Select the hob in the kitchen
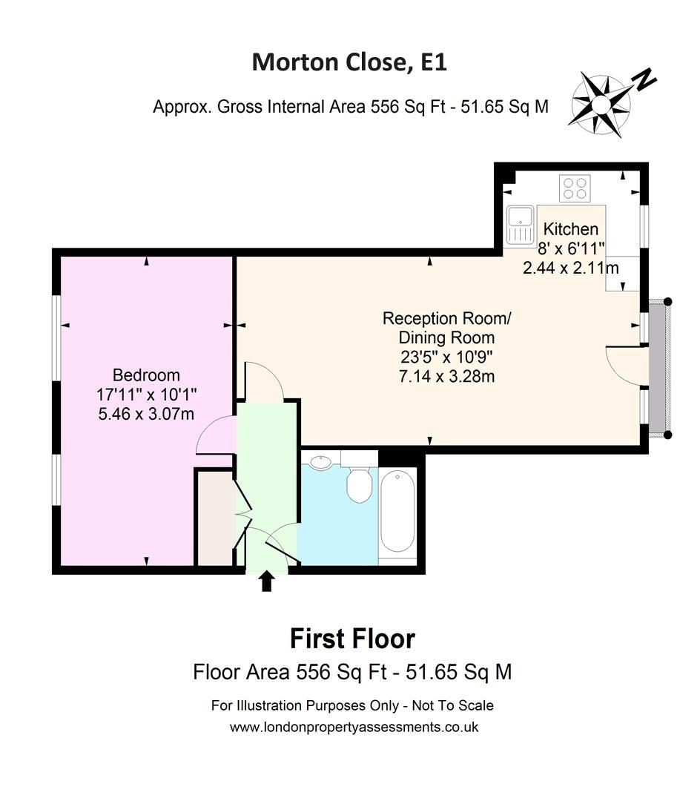click(x=575, y=188)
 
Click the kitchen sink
click(x=521, y=224)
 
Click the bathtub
click(x=397, y=512)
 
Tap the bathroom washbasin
click(x=320, y=462)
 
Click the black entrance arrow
click(x=266, y=581)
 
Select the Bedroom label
click(x=146, y=375)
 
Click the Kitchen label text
click(x=570, y=229)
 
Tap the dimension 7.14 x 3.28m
click(x=446, y=377)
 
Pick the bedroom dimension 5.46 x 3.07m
click(x=146, y=413)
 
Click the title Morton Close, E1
click(x=349, y=62)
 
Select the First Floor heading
click(x=352, y=639)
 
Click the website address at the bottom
click(x=354, y=727)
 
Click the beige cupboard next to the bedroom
click(x=217, y=518)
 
